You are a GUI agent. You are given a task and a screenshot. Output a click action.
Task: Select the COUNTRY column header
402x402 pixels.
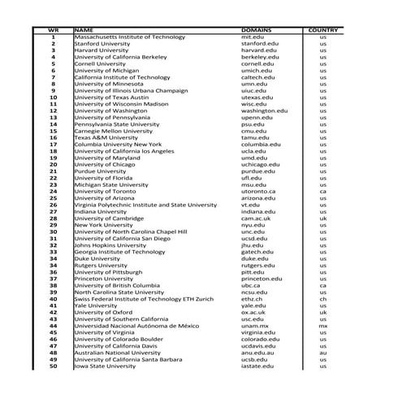[x=322, y=30]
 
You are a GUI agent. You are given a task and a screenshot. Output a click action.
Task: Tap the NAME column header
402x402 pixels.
[x=84, y=30]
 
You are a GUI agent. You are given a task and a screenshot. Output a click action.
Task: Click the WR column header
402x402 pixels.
[x=53, y=30]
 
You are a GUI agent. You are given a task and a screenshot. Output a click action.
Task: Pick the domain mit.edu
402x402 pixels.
[x=253, y=37]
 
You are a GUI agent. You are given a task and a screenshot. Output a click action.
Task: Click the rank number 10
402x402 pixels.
[x=53, y=97]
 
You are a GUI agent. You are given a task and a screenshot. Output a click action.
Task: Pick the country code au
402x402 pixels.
[x=322, y=352]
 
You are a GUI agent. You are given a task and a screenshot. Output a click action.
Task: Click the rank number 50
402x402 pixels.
[x=53, y=366]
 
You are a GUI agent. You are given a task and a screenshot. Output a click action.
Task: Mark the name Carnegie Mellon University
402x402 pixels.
[x=113, y=131]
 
